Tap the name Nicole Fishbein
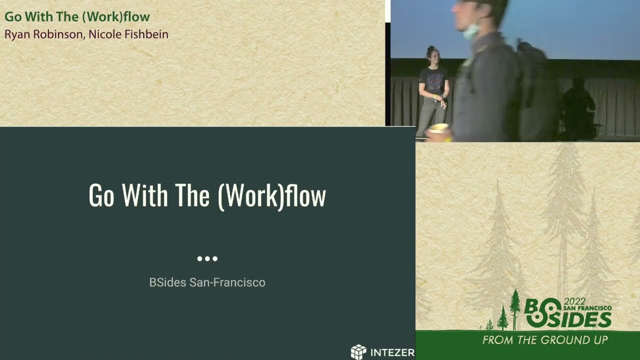pos(128,34)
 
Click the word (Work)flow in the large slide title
pos(272,195)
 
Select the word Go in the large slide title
pos(101,195)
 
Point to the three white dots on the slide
pos(207,258)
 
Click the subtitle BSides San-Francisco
pos(207,282)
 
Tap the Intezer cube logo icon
pos(358,352)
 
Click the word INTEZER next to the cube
pos(392,352)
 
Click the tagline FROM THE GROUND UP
pos(545,340)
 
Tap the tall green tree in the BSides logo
pos(514,309)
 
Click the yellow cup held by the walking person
pos(438,129)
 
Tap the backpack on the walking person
pos(537,90)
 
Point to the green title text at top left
pos(77,16)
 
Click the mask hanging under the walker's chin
pos(470,31)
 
